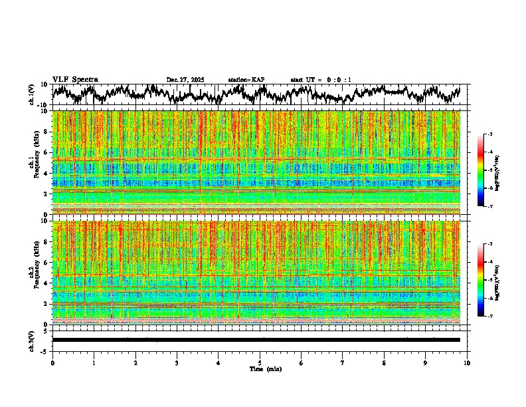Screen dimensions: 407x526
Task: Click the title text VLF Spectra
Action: (x=75, y=80)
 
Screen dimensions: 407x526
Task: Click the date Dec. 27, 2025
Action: (x=185, y=80)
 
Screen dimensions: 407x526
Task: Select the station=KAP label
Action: (x=246, y=80)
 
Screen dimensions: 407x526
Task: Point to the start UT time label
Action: (x=321, y=80)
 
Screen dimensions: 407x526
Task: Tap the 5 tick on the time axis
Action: (x=260, y=363)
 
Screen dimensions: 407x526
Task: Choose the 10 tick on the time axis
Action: (x=467, y=363)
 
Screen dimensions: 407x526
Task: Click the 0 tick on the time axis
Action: (x=52, y=363)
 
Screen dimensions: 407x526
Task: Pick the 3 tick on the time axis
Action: (x=177, y=363)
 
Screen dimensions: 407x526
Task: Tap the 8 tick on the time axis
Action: (x=384, y=363)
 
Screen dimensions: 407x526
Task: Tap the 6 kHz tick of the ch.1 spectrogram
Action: (x=44, y=152)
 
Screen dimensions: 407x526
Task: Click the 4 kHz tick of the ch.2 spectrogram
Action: (x=44, y=283)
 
